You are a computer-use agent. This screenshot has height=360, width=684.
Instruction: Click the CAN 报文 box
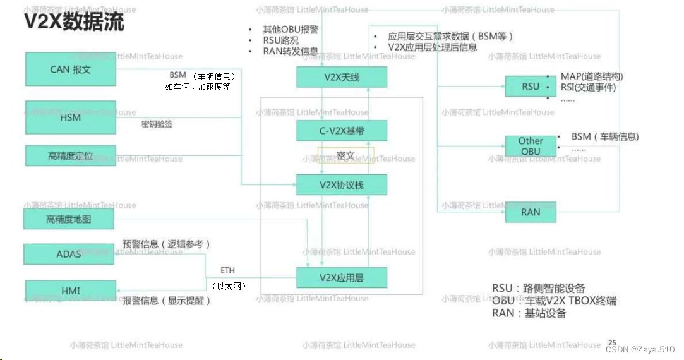pyautogui.click(x=71, y=69)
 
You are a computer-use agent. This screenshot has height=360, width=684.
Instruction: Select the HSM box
pyautogui.click(x=71, y=117)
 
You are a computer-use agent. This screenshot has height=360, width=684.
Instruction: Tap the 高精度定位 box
pyautogui.click(x=71, y=155)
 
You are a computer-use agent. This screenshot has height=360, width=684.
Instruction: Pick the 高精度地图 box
pyautogui.click(x=69, y=219)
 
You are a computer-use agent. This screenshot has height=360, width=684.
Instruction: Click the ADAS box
pyautogui.click(x=69, y=254)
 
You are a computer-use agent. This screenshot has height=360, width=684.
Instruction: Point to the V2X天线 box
pyautogui.click(x=341, y=77)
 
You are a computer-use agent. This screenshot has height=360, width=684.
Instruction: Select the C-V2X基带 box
pyautogui.click(x=341, y=131)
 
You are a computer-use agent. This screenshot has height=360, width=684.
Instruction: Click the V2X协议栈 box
pyautogui.click(x=341, y=185)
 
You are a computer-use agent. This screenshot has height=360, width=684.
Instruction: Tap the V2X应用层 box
pyautogui.click(x=341, y=277)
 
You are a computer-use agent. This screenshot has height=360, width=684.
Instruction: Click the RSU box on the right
pyautogui.click(x=531, y=86)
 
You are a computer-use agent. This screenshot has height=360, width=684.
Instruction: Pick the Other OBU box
pyautogui.click(x=531, y=146)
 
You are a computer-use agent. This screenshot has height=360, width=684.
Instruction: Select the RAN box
pyautogui.click(x=531, y=212)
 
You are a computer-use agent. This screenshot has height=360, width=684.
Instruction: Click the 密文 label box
pyautogui.click(x=345, y=155)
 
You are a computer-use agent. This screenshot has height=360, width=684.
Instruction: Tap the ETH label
pyautogui.click(x=227, y=270)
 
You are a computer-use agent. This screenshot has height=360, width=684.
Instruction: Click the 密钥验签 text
pyautogui.click(x=157, y=124)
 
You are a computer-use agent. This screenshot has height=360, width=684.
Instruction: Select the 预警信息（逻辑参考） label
pyautogui.click(x=166, y=244)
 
